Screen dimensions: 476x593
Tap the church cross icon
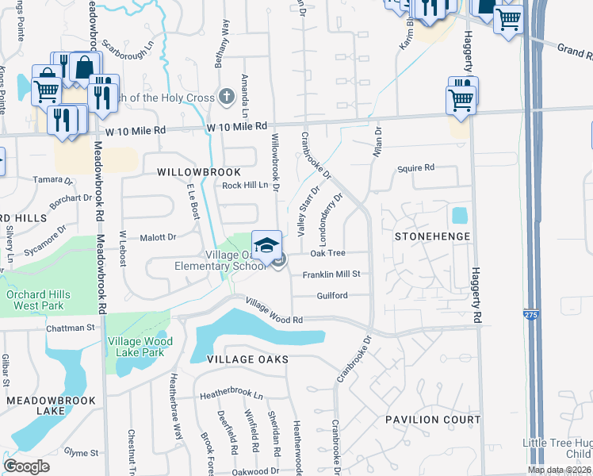(227, 98)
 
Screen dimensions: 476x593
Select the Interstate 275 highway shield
(529, 316)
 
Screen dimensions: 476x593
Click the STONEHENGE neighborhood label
(433, 236)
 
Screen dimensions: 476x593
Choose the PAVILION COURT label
(433, 419)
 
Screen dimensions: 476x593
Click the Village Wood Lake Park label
(140, 346)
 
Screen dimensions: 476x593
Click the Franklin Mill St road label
(331, 274)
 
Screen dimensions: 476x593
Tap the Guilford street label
(332, 295)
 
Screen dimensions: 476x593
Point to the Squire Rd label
(416, 168)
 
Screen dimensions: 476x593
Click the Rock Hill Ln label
(246, 186)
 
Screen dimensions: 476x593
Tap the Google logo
(26, 466)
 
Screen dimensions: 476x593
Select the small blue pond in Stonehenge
(459, 215)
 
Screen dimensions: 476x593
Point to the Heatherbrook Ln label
(230, 394)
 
